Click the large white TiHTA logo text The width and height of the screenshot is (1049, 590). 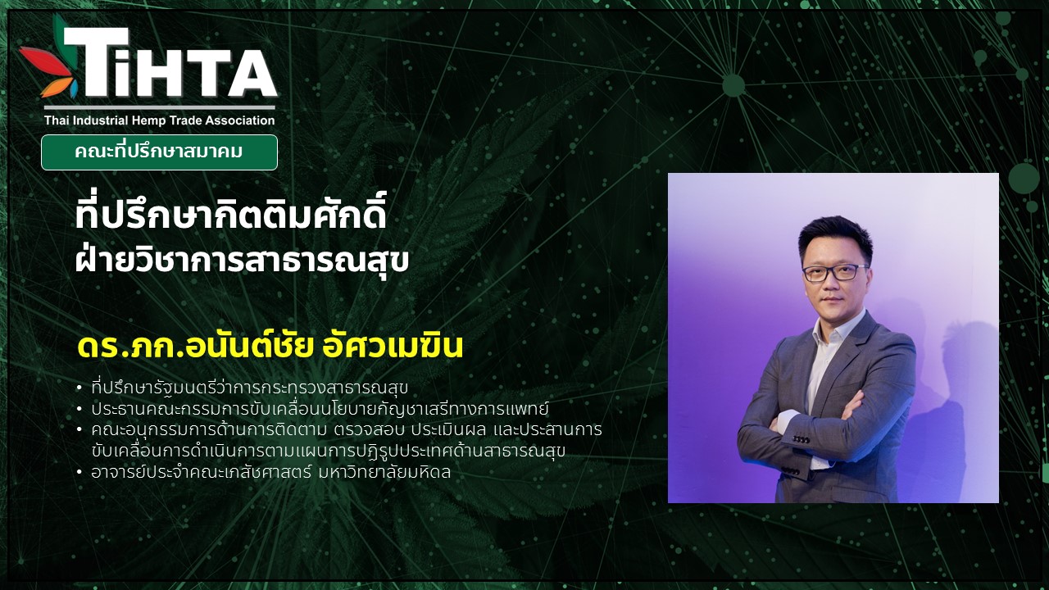(171, 63)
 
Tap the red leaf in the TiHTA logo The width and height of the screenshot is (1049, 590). (45, 61)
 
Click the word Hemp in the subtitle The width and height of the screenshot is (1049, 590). (148, 120)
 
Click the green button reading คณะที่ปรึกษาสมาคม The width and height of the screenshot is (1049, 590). (159, 152)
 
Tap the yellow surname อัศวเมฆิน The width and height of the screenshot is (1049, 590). (393, 346)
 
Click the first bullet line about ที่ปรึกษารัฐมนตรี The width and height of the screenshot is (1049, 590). (250, 388)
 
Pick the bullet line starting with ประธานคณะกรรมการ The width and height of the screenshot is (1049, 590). (320, 409)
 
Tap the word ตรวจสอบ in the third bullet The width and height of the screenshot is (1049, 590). (368, 430)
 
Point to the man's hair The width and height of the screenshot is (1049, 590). (835, 238)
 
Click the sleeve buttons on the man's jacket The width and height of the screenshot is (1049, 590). (802, 440)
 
